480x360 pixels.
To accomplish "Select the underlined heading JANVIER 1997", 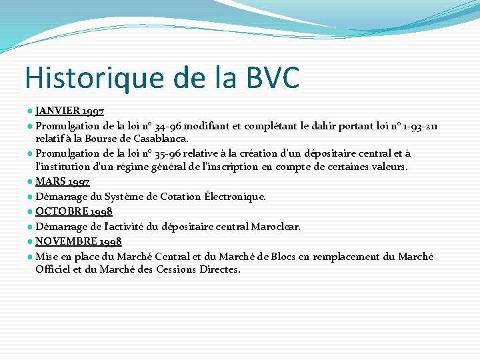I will (69, 111).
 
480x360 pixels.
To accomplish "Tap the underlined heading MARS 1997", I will (63, 181).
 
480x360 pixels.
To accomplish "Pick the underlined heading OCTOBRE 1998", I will (74, 211).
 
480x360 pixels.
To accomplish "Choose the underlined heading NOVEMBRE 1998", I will (79, 241).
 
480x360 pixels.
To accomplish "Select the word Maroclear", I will (275, 227).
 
